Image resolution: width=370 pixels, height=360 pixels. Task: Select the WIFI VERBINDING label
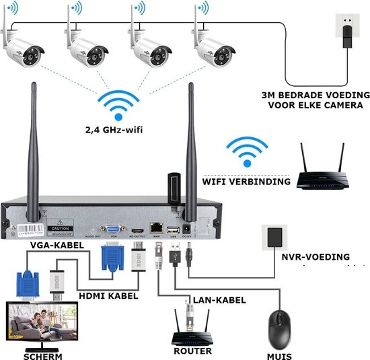point(247,182)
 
